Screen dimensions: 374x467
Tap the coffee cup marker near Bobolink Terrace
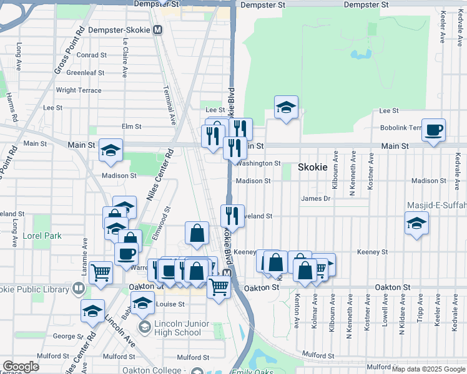click(x=434, y=130)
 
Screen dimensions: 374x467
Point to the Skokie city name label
click(x=313, y=168)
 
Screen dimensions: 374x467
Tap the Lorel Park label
click(x=42, y=236)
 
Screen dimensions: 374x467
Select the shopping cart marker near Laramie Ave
click(x=101, y=272)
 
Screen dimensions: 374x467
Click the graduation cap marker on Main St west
click(x=111, y=150)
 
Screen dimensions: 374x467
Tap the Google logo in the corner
click(x=21, y=367)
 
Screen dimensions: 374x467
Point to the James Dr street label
click(x=315, y=198)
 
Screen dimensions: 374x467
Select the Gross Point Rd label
click(x=69, y=50)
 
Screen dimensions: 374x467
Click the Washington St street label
click(x=259, y=163)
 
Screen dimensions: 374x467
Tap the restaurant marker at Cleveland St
click(x=232, y=216)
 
